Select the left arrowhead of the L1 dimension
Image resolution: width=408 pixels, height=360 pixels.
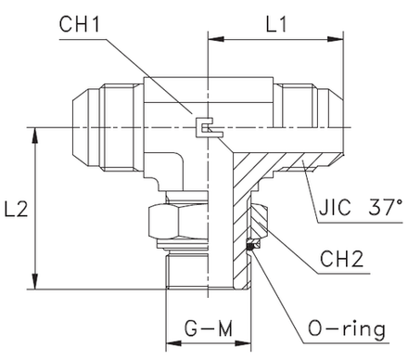[x=211, y=40]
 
